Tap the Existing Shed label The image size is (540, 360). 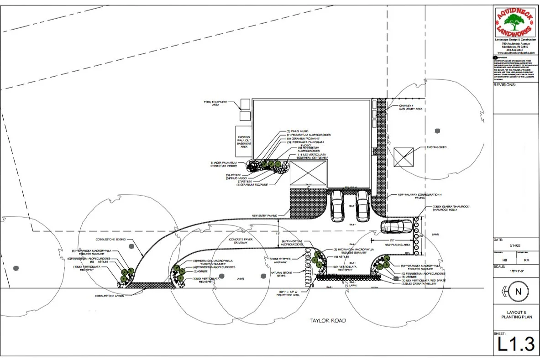tap(438, 147)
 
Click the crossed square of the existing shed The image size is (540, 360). tap(404, 157)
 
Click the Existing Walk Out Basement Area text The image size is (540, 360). tap(244, 141)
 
